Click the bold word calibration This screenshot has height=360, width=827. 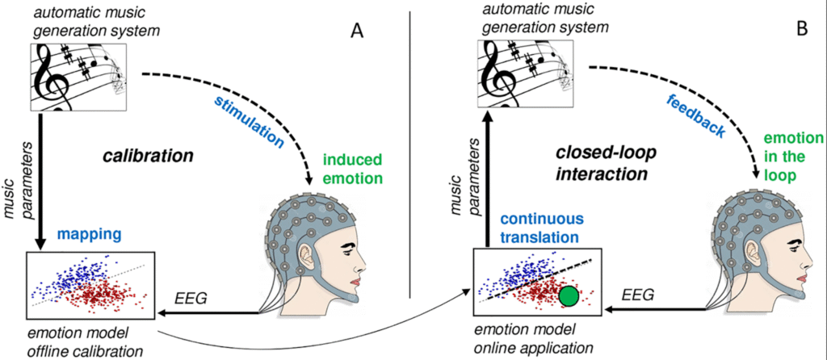click(x=147, y=153)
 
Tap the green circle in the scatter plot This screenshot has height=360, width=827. click(x=569, y=296)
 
